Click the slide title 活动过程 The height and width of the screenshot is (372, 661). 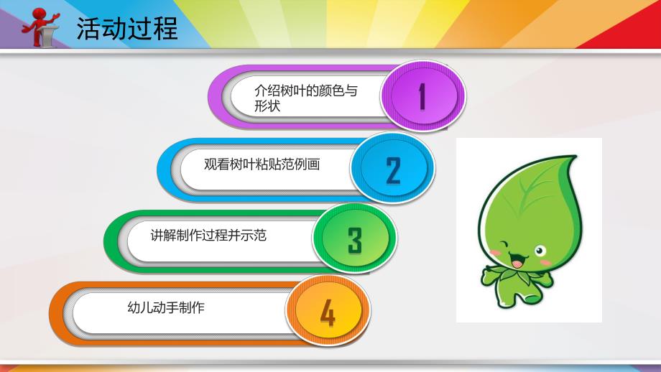(126, 29)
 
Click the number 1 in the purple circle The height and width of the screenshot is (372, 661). (422, 97)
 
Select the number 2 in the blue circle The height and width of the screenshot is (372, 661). (393, 169)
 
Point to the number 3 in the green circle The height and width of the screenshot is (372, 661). (354, 241)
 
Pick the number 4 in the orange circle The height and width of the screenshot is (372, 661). (328, 313)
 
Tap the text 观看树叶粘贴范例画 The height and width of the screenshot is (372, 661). (262, 164)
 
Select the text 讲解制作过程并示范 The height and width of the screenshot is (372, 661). (208, 235)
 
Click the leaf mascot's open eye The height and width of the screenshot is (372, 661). (540, 251)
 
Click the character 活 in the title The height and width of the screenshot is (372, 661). (89, 29)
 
